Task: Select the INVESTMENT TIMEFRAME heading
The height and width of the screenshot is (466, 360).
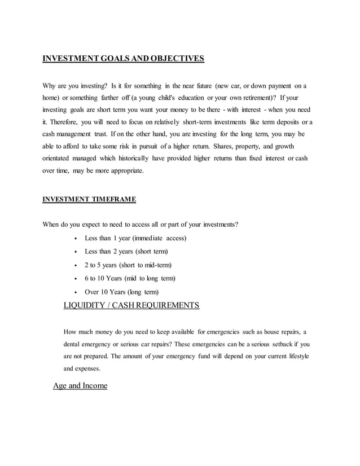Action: (89, 199)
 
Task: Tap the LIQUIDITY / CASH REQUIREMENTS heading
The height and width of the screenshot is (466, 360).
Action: (131, 306)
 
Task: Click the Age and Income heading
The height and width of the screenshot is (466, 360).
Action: (80, 386)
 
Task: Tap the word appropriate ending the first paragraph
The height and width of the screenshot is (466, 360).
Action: (124, 171)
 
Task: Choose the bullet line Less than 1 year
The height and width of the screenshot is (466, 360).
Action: (135, 238)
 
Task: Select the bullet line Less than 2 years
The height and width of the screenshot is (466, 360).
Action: (126, 252)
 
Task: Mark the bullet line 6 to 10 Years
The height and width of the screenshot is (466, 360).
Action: (130, 279)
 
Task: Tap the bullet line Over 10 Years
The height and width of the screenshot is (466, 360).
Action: (121, 292)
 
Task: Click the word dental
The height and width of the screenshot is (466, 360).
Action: (73, 344)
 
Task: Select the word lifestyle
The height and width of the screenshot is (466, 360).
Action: (296, 357)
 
